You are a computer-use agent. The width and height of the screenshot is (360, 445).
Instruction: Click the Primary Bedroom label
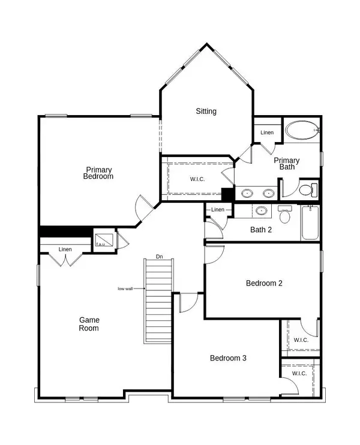[99, 173]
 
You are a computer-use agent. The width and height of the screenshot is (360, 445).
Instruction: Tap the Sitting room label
[206, 111]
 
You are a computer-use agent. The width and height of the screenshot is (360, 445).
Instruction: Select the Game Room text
[89, 324]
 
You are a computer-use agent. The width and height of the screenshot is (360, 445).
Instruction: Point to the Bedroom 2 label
[264, 284]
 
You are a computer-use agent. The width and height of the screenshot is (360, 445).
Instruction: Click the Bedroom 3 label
[227, 358]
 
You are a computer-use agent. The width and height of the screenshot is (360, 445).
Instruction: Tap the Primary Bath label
[287, 164]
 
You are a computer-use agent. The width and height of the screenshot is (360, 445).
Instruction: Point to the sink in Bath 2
[261, 211]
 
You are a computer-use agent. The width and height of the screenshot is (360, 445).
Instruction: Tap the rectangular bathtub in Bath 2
[310, 223]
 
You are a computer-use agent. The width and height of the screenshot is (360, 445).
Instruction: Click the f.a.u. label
[100, 244]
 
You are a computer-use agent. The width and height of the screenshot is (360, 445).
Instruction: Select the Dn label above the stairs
[160, 256]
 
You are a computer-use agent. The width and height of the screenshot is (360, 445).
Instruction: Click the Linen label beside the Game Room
[65, 249]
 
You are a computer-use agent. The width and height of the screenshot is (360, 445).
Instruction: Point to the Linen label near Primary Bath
[267, 133]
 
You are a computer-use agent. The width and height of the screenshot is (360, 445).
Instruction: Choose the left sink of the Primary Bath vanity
[247, 193]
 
